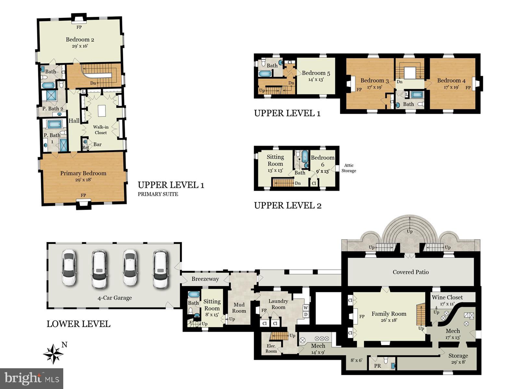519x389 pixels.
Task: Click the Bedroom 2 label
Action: [x=80, y=40]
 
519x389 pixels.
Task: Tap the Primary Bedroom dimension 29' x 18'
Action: [x=83, y=180]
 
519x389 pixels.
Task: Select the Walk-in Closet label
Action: [x=101, y=130]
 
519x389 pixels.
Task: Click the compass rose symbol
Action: [x=53, y=354]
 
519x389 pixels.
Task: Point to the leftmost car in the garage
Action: [x=69, y=267]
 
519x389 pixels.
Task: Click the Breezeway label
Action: [x=205, y=279]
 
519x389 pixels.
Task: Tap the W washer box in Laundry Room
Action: [x=306, y=308]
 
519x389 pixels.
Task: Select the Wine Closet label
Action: [x=447, y=297]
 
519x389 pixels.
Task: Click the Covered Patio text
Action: [x=411, y=272]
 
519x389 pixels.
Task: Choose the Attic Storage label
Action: [x=349, y=168]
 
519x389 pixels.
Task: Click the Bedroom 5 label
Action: [x=316, y=73]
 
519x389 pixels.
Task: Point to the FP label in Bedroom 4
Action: [x=468, y=88]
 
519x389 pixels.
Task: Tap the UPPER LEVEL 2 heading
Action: [x=287, y=206]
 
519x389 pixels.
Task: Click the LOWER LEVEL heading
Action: [x=78, y=324]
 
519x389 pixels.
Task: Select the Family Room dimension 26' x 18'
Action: [x=389, y=320]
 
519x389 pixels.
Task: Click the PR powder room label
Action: [x=377, y=366]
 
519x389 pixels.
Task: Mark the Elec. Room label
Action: [x=271, y=348]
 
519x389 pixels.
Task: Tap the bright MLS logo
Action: [x=31, y=378]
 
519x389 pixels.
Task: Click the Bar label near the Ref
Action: [x=97, y=144]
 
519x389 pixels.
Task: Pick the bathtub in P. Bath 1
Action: [x=54, y=124]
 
